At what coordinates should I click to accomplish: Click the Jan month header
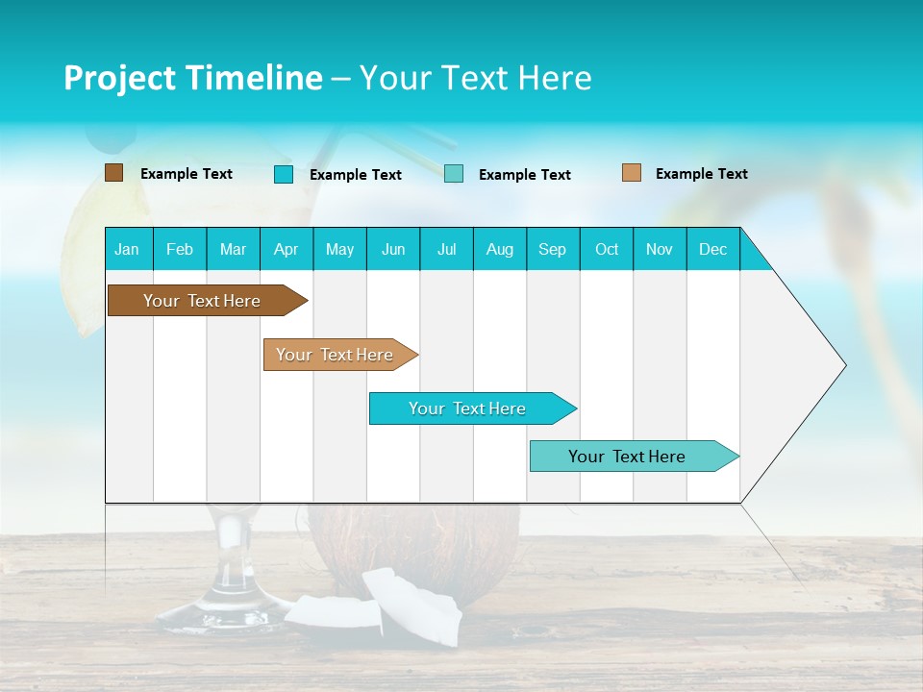[x=127, y=249]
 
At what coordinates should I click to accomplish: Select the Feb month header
[x=180, y=249]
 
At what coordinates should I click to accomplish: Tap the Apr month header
[x=286, y=249]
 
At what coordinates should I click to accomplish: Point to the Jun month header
[x=393, y=249]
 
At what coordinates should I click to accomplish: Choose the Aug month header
[x=499, y=249]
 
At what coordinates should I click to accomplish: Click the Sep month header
[x=552, y=249]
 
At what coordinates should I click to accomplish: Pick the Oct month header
[x=607, y=249]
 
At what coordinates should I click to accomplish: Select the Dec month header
[x=712, y=249]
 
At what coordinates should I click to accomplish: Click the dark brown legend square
[x=113, y=173]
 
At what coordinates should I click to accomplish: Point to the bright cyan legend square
[x=283, y=174]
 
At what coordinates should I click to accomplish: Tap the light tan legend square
[x=631, y=173]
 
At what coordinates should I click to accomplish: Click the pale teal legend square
[x=454, y=174]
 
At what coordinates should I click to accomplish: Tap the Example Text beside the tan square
[x=701, y=174]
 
